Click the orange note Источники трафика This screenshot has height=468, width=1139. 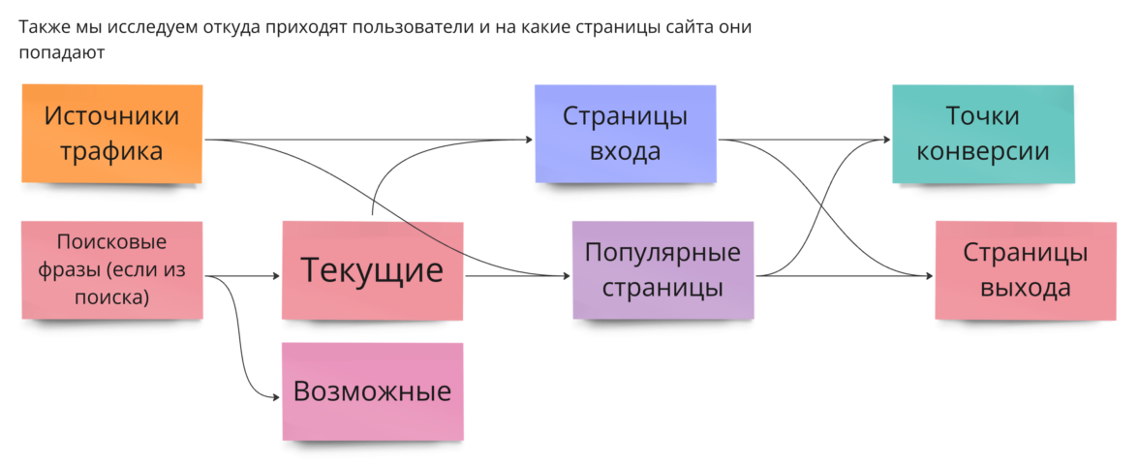[x=112, y=134]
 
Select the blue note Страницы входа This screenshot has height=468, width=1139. [x=625, y=134]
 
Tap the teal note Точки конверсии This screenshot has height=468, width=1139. [x=983, y=134]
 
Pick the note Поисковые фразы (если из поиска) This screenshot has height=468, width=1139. [x=112, y=270]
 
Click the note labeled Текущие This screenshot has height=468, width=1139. [x=373, y=270]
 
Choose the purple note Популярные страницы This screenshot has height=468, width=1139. [x=662, y=270]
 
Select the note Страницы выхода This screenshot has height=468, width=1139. [x=1025, y=270]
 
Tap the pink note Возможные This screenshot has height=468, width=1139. [x=373, y=391]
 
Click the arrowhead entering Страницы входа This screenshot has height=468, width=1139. [x=529, y=140]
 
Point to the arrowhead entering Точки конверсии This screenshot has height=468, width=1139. [x=886, y=140]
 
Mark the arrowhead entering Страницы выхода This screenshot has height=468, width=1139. [x=930, y=276]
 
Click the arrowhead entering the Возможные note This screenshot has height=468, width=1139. [x=276, y=397]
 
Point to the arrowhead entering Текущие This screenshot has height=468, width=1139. [x=276, y=276]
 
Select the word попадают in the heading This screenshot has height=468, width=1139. [x=60, y=53]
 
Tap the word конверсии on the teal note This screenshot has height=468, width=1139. [x=983, y=152]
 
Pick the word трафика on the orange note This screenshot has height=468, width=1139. [x=112, y=152]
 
